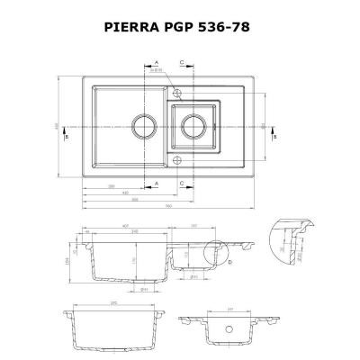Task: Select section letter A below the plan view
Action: point(157,182)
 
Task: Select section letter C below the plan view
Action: point(183,182)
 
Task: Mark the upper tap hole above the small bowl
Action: point(177,92)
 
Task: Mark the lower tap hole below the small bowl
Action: point(177,159)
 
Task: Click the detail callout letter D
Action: point(231,262)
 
